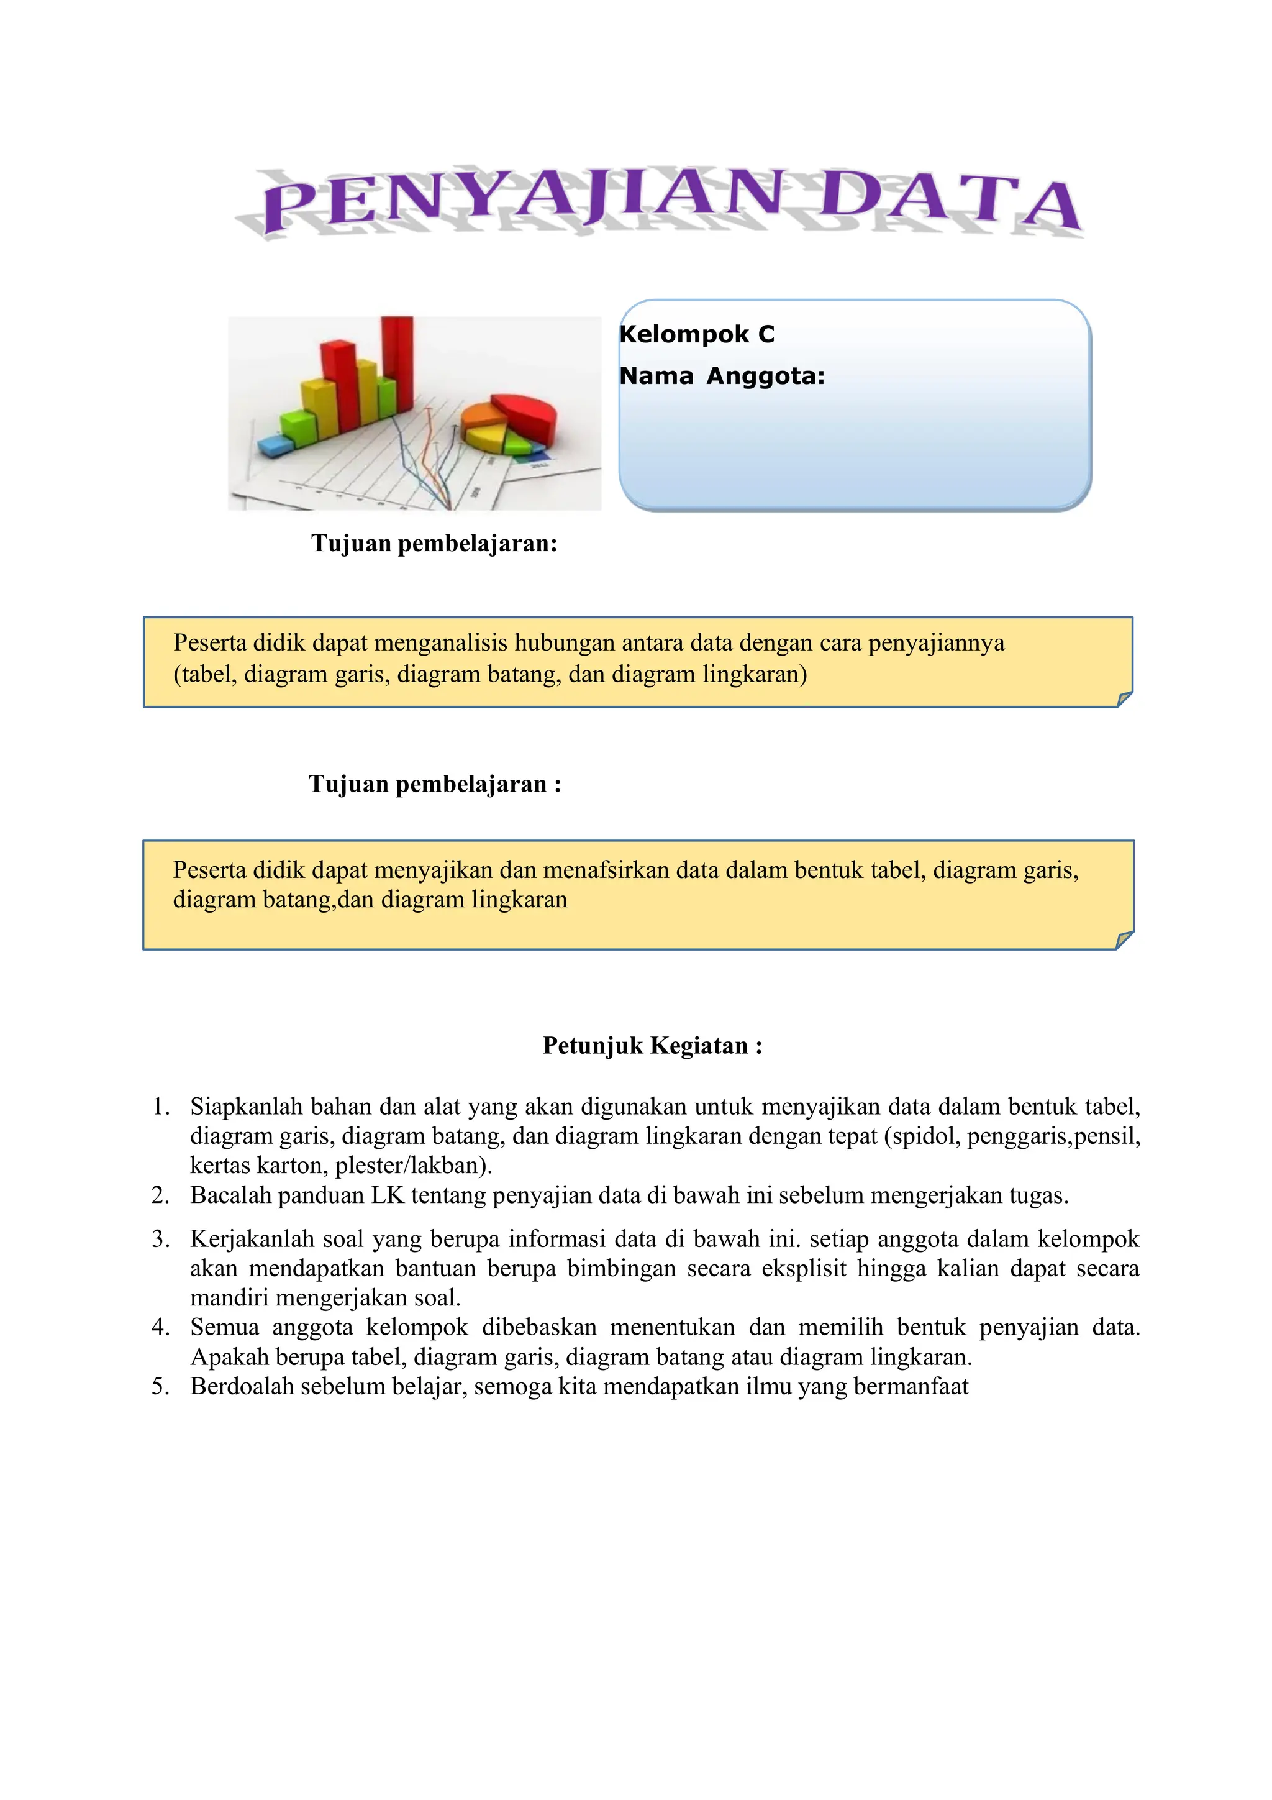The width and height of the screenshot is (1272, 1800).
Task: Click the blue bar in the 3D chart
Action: (x=275, y=446)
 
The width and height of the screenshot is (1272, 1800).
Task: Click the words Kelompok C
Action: (x=696, y=335)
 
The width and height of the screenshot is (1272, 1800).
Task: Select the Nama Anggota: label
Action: (x=722, y=377)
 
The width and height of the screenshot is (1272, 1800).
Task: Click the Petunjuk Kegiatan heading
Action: (x=652, y=1046)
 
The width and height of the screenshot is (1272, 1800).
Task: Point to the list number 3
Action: (x=161, y=1240)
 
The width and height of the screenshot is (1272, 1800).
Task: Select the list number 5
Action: (x=161, y=1387)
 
